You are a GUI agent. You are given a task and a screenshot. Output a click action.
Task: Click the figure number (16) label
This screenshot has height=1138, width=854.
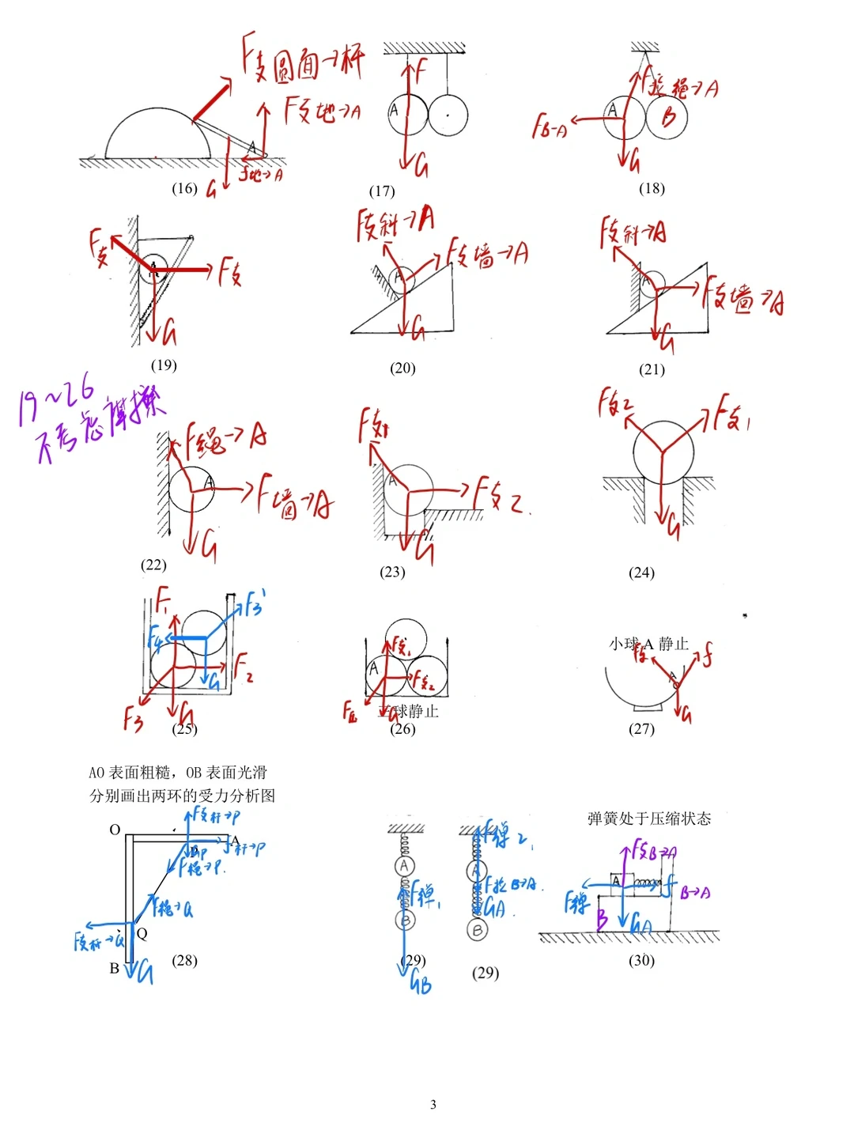184,188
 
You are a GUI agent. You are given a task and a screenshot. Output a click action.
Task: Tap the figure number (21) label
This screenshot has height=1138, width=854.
652,369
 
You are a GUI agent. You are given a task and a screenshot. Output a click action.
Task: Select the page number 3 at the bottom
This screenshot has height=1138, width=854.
433,1105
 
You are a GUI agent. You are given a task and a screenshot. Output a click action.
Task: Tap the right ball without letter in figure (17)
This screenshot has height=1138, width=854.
448,115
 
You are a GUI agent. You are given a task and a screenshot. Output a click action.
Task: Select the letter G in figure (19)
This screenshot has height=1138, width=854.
168,333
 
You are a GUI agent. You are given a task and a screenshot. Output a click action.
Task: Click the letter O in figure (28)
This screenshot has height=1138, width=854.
115,830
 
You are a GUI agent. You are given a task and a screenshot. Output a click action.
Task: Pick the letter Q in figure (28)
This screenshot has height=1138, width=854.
142,933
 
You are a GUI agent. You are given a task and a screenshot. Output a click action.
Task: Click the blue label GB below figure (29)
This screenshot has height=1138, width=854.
421,984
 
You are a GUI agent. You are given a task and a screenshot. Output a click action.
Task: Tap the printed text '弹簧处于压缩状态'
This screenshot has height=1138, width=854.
649,819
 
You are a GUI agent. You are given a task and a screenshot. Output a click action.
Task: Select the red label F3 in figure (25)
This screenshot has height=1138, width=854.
133,718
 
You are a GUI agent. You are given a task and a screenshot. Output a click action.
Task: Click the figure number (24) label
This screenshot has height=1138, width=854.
641,573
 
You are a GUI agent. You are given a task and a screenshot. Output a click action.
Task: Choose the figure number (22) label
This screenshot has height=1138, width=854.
153,565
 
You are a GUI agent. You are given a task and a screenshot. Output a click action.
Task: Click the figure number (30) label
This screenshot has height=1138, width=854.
641,960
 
